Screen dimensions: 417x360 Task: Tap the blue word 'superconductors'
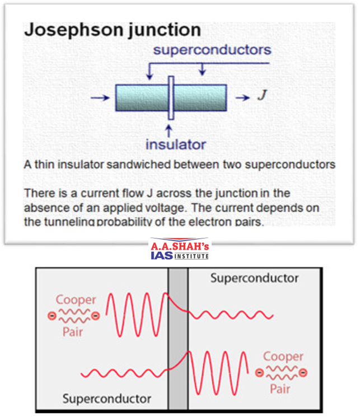click(212, 49)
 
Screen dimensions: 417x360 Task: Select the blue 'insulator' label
click(176, 144)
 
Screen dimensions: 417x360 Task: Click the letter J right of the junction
click(261, 96)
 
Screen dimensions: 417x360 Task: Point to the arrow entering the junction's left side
click(100, 97)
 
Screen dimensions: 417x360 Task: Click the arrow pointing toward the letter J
click(242, 97)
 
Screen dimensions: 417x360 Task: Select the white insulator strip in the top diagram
click(171, 97)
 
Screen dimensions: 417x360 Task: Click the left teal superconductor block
click(141, 97)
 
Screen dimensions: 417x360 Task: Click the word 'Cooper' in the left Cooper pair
click(76, 300)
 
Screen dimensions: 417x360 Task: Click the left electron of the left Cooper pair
click(52, 316)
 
